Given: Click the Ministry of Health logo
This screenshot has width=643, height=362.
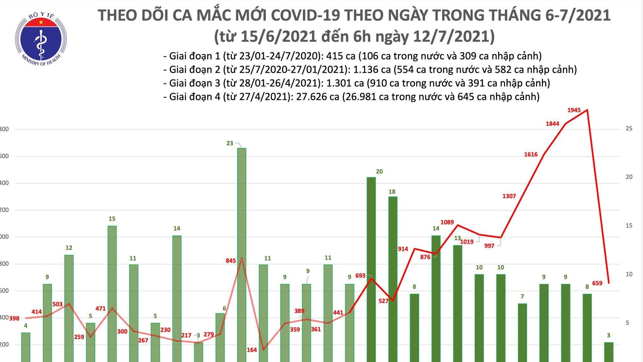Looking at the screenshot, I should click(x=41, y=39).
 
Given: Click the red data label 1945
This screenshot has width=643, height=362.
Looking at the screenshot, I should click(x=574, y=110).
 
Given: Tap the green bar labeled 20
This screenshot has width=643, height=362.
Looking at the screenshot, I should click(x=371, y=269).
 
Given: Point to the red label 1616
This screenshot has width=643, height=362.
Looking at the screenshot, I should click(x=530, y=155).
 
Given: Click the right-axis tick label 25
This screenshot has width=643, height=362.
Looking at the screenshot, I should click(x=629, y=129).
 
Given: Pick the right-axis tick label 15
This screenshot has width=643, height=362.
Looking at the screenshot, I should click(x=629, y=226).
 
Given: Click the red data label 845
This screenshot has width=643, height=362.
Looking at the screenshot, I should click(x=230, y=261).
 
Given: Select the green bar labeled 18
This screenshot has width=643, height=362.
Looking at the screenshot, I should click(x=393, y=278).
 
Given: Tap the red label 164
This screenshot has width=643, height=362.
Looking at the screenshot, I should click(x=251, y=350).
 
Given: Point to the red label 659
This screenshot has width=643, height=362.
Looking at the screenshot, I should click(x=597, y=283).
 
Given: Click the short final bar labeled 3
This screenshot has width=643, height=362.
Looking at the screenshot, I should click(x=608, y=352).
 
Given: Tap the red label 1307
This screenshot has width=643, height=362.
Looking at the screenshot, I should click(x=509, y=196).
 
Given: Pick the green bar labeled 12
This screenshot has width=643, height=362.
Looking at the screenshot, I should click(x=69, y=307).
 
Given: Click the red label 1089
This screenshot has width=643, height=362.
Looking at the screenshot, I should click(x=447, y=222).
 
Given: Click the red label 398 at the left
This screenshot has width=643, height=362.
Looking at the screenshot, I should click(x=14, y=318).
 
